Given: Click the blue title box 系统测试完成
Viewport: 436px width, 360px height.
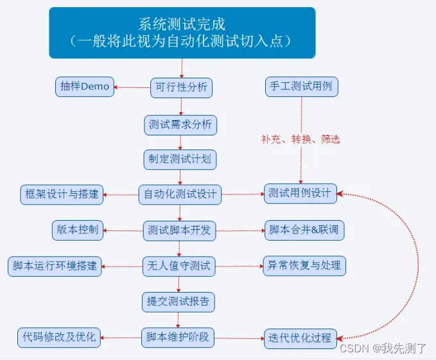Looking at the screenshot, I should [x=182, y=33].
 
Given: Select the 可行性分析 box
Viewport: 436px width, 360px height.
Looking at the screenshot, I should [x=182, y=87].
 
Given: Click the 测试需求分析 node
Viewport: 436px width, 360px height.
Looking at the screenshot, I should [x=180, y=124].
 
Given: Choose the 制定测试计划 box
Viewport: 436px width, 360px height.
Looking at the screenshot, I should [x=180, y=159].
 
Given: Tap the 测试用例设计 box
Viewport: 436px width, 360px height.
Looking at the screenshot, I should [x=301, y=194].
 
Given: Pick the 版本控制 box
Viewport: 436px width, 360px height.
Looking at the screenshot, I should [x=77, y=230].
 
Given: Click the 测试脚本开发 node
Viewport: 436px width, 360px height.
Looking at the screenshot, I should [x=179, y=230].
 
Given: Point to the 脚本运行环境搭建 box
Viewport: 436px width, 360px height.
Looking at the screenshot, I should [x=55, y=266].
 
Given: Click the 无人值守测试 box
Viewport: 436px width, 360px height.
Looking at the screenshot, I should [x=179, y=266].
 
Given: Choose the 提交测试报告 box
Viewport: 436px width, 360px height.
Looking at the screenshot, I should [x=179, y=301].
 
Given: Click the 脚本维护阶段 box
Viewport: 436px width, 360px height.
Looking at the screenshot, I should [x=179, y=336].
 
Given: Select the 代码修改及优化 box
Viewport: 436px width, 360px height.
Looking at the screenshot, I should [x=59, y=336].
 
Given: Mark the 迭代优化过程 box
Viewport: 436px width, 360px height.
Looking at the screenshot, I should [x=300, y=338].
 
